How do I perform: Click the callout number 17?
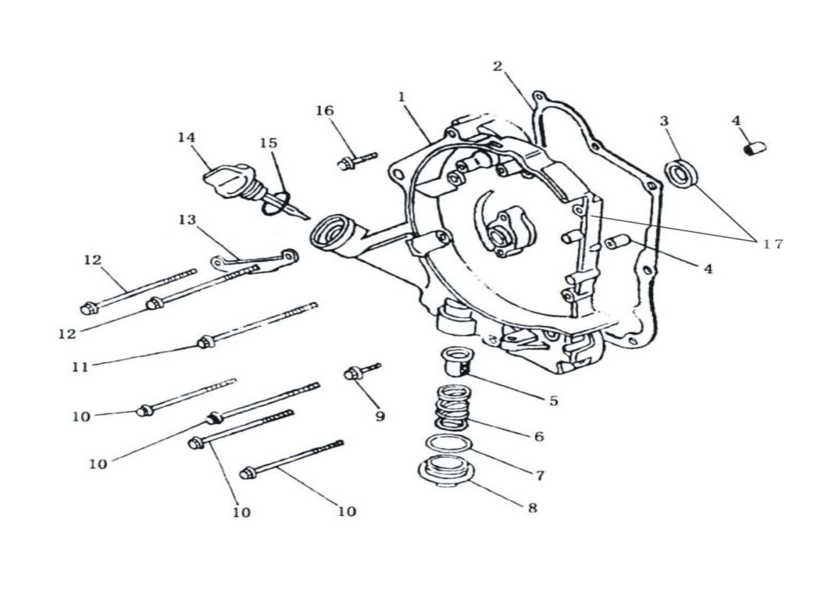[x=771, y=243]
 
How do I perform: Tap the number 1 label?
[x=402, y=95]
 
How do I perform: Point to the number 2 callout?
[x=497, y=66]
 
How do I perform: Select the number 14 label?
[x=186, y=137]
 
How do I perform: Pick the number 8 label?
[x=532, y=508]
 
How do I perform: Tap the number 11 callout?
[x=80, y=367]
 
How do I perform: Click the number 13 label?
[x=187, y=220]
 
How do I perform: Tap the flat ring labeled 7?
[x=446, y=444]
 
